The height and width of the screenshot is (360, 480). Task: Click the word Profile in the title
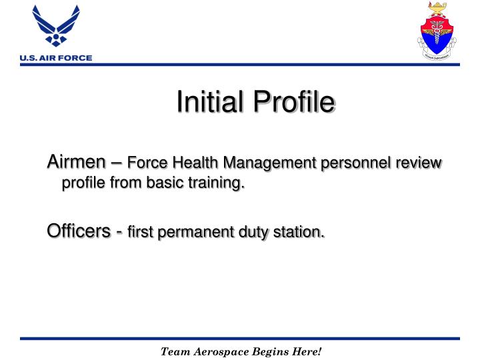(291, 105)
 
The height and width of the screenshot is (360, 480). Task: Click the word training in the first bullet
(214, 182)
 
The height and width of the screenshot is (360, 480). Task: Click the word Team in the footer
(175, 351)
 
